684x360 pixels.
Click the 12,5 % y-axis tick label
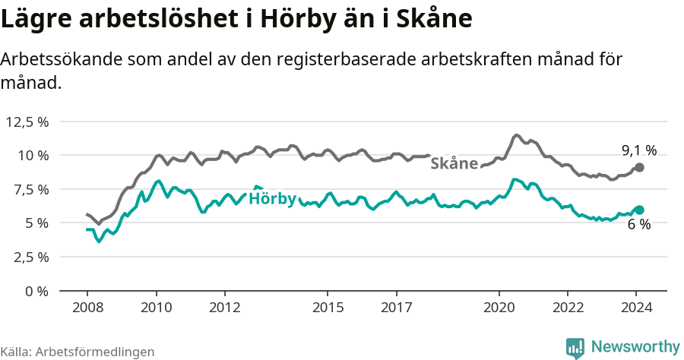coord(27,122)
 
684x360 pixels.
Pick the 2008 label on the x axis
coord(87,308)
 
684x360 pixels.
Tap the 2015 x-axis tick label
coord(328,308)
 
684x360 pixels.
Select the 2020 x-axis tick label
coord(499,308)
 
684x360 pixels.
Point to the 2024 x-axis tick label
coord(637,308)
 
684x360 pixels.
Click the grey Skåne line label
coord(454,163)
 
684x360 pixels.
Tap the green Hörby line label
coord(272,200)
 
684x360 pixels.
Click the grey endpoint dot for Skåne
coord(639,167)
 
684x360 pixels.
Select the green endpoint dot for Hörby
coord(639,210)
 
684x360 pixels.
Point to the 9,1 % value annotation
coord(638,150)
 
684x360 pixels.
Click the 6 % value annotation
coord(638,225)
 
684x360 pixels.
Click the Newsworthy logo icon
coord(575,347)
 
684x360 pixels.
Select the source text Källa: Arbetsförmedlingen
coord(78,352)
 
